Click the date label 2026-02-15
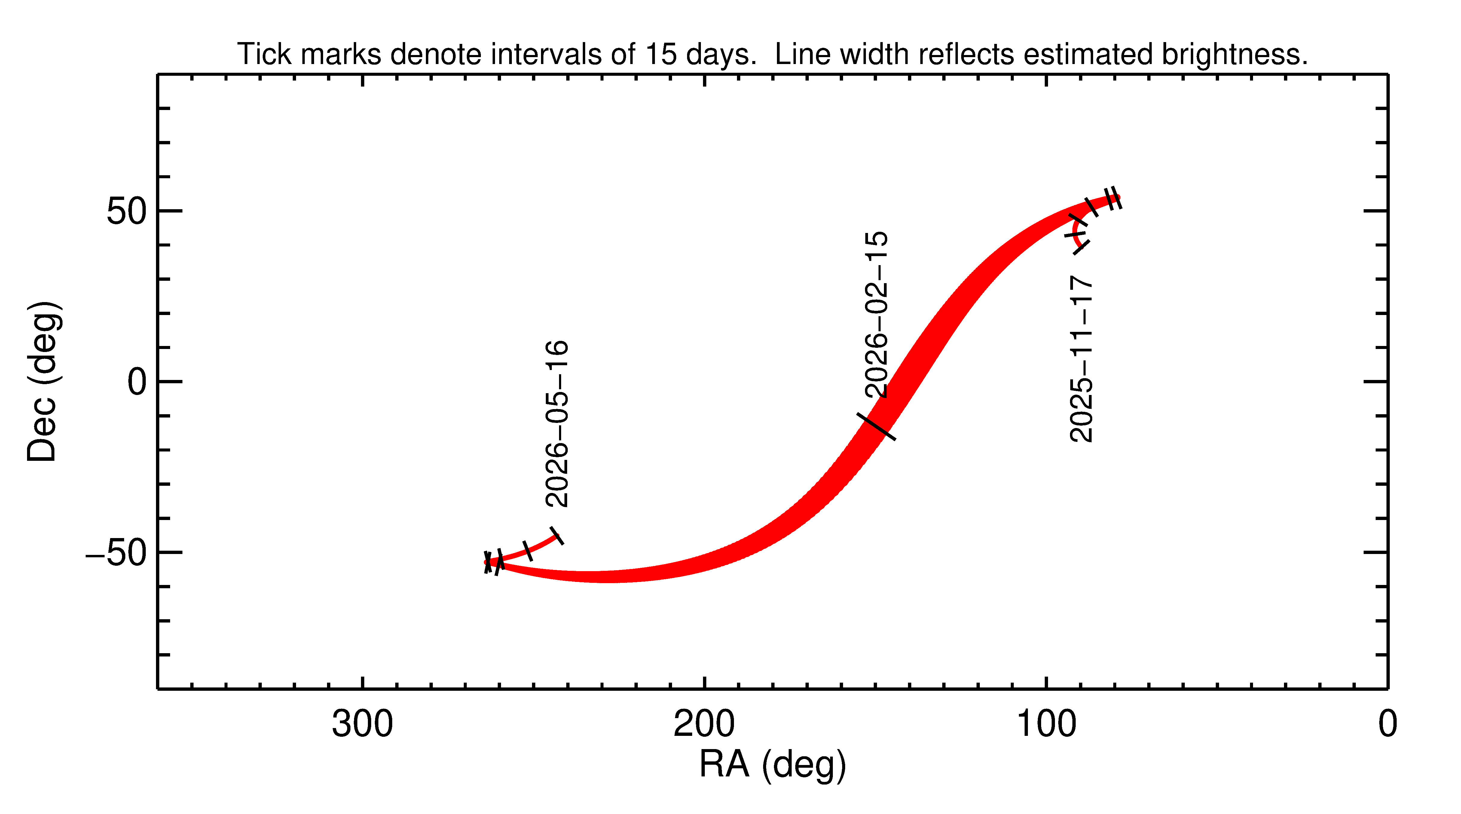pos(876,314)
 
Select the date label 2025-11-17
pos(1081,359)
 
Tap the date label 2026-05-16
pos(556,423)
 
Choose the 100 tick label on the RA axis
pos(1046,724)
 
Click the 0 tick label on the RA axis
pos(1387,724)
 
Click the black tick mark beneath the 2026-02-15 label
pos(876,426)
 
